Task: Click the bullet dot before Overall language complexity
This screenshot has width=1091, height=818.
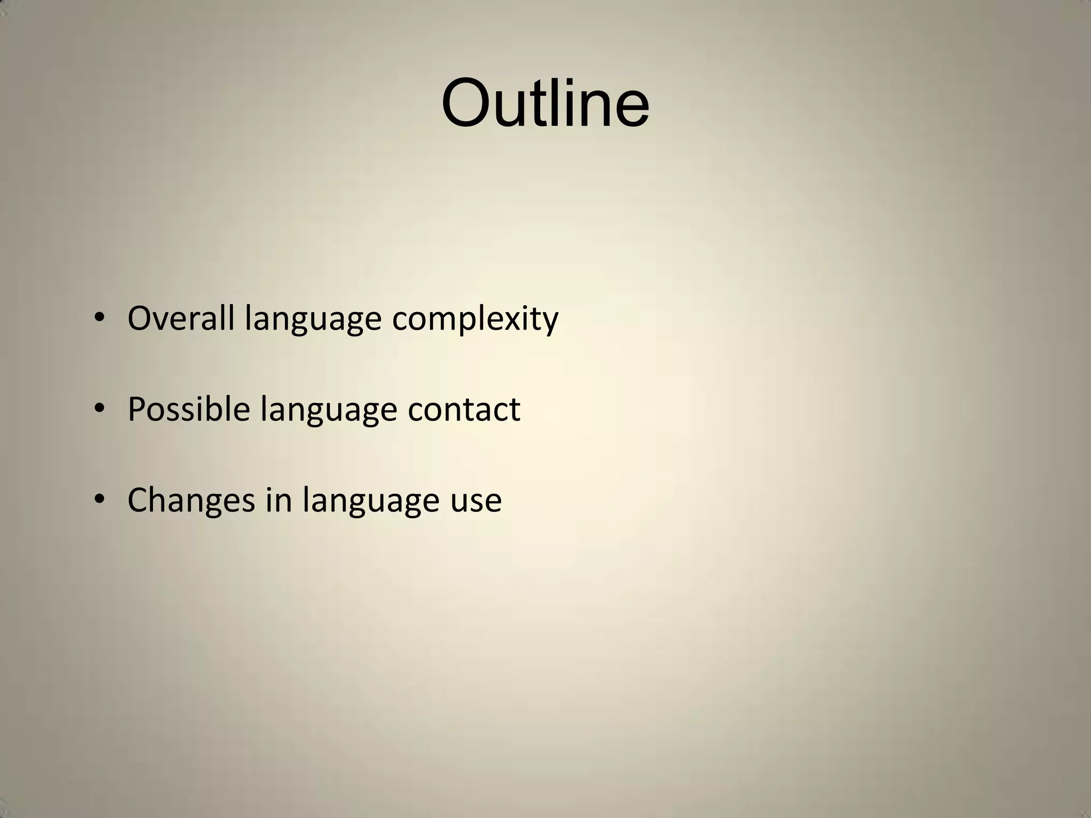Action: [x=99, y=318]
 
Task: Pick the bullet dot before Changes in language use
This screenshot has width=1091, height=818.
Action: [x=99, y=500]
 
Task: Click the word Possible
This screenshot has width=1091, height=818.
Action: [x=189, y=409]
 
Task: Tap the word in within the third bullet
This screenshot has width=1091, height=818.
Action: [x=279, y=500]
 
